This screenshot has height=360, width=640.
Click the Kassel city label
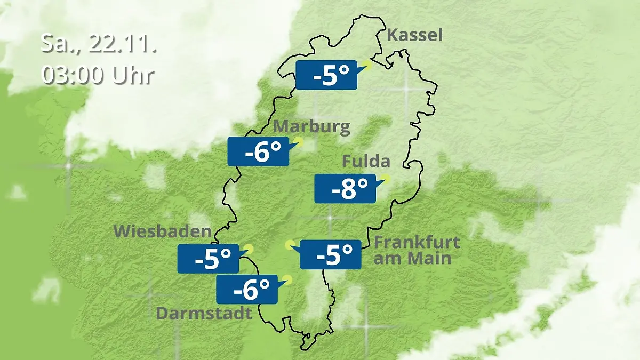pos(414,36)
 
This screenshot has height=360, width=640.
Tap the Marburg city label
pos(311,127)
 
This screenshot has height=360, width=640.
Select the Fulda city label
pos(366,161)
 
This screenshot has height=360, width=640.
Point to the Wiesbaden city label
pos(162,232)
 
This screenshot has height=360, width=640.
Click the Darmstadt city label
pos(203,313)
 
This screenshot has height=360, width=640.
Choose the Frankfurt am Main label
pos(416,250)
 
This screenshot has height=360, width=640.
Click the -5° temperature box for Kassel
pos(326,75)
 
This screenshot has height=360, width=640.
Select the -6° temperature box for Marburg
pos(258,151)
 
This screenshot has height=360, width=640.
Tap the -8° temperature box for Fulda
pos(345,188)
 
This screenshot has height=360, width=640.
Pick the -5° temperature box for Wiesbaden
pos(208,259)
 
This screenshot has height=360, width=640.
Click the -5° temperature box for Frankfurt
pos(331,254)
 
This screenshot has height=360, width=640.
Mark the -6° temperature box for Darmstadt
pos(246,290)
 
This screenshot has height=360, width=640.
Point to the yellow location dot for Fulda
pos(385,179)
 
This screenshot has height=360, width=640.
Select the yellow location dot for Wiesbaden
pos(249,249)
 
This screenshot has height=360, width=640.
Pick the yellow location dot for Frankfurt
pos(290,245)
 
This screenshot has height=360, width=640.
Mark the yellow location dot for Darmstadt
pos(287,279)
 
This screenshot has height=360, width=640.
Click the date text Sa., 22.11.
pos(98,44)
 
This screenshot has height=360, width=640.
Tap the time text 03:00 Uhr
pos(98,75)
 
